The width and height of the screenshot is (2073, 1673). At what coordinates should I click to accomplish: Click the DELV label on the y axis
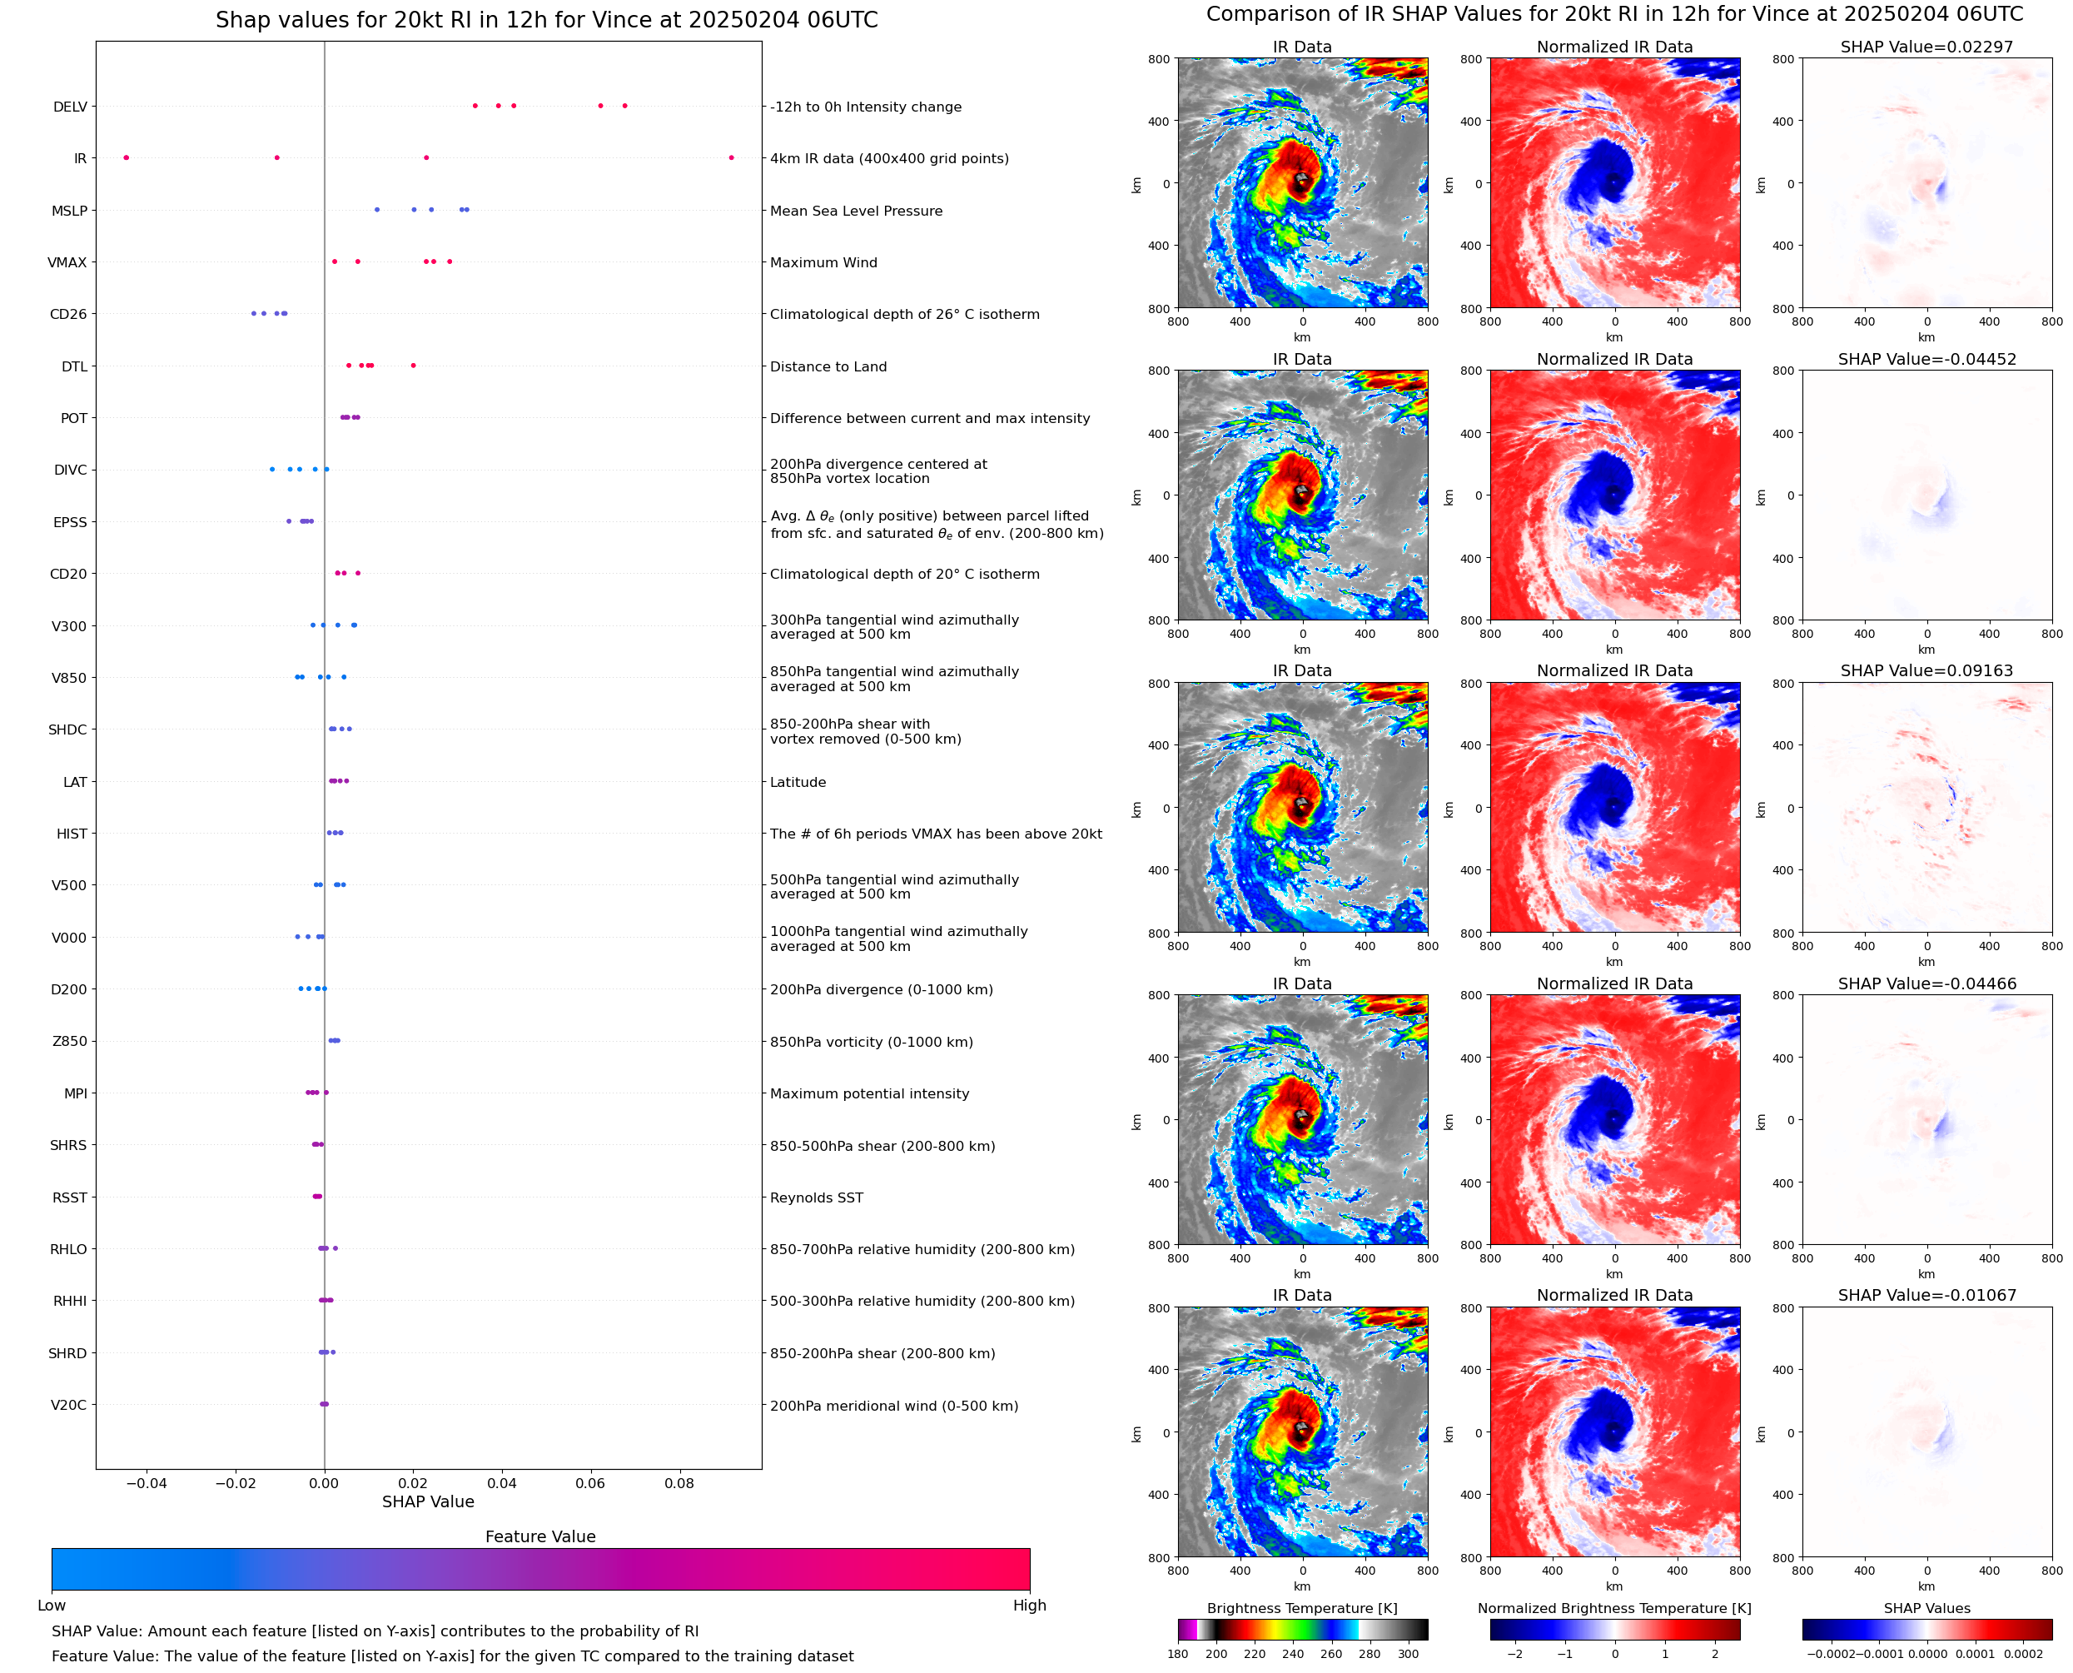(x=69, y=107)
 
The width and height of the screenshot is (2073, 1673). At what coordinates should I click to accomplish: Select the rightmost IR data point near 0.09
(x=731, y=158)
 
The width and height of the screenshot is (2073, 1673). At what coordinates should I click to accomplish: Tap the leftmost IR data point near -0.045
(x=127, y=158)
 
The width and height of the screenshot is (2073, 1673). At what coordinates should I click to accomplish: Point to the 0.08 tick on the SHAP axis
(x=679, y=1483)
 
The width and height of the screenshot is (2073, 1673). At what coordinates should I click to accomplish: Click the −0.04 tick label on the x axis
(x=147, y=1483)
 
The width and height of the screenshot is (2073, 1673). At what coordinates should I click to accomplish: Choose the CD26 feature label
(x=67, y=314)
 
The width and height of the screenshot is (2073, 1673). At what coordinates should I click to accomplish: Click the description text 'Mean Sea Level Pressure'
(x=855, y=211)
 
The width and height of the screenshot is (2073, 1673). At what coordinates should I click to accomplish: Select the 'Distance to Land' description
(x=828, y=366)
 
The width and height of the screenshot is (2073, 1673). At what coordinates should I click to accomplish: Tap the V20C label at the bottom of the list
(x=68, y=1405)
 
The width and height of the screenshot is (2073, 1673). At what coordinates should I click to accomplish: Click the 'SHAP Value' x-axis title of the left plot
(x=428, y=1501)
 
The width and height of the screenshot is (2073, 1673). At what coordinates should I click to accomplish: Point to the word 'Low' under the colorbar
(x=51, y=1606)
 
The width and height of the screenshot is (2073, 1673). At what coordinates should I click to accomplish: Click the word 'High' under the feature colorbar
(x=1029, y=1606)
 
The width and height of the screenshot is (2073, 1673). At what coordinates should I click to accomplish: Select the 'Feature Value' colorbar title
(x=539, y=1536)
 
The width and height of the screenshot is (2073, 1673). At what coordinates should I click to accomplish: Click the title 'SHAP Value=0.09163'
(x=1926, y=670)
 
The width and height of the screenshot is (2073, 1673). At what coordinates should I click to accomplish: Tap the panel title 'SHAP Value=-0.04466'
(x=1926, y=984)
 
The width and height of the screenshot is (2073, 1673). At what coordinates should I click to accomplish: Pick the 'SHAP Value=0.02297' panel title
(x=1926, y=47)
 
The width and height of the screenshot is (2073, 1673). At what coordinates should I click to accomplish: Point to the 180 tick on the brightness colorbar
(x=1178, y=1654)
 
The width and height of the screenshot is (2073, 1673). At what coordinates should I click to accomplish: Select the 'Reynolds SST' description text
(x=816, y=1197)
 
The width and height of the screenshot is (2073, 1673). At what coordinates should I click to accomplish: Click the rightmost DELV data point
(x=624, y=106)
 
